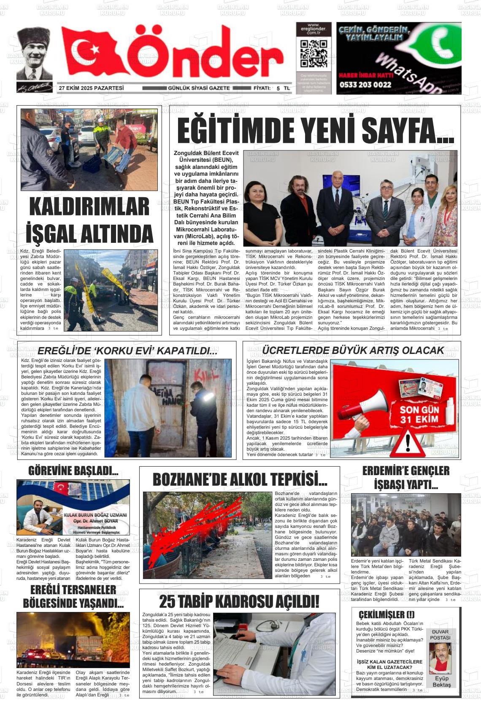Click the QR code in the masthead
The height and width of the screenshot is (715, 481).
click(313, 54)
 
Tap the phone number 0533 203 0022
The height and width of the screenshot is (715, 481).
click(365, 84)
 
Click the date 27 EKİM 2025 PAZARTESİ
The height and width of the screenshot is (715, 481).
click(91, 88)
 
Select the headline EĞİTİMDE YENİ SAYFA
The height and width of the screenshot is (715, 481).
click(315, 131)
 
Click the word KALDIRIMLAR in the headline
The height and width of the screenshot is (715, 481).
click(89, 207)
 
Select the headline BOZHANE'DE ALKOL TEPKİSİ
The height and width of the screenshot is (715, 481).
click(240, 480)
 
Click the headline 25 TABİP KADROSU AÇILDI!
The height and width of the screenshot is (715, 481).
click(239, 601)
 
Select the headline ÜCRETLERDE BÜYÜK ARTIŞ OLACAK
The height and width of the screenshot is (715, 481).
click(353, 350)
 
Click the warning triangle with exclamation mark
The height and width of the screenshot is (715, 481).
click(407, 442)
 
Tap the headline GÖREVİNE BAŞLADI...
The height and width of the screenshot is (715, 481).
click(73, 470)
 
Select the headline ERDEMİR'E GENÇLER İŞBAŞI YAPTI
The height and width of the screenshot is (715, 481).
click(405, 477)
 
